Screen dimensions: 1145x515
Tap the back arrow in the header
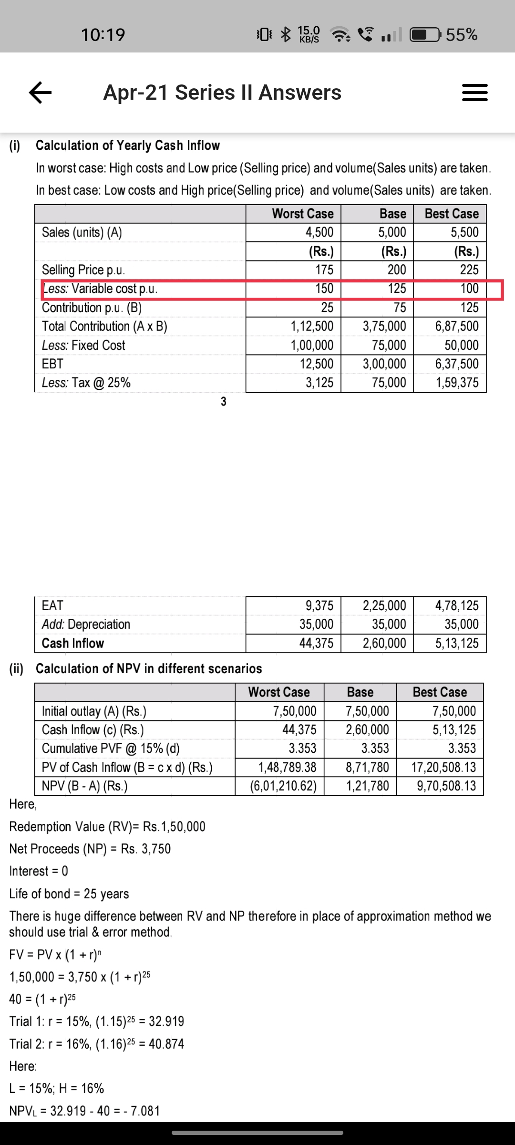pos(40,92)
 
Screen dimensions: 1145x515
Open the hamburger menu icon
pos(474,92)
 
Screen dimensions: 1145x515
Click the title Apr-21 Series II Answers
pos(222,93)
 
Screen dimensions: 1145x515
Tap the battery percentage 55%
pos(462,34)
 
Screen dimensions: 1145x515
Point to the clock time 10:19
pos(103,34)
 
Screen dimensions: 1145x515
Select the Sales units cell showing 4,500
pos(319,232)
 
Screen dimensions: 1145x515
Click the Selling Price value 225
pos(469,270)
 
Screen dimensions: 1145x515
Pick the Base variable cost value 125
pos(396,289)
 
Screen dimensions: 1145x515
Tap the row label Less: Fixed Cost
pos(83,345)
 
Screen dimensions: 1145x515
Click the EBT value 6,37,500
pos(456,364)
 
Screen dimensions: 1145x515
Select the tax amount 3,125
pos(319,383)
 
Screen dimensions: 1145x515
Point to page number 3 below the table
pos(223,402)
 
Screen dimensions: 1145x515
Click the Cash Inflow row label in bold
pos(73,643)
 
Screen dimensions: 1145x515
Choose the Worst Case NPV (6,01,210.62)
pos(283,786)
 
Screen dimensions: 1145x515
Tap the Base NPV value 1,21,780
pos(367,786)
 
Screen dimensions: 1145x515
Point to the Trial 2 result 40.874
pos(166,1044)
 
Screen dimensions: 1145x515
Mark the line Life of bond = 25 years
pos(69,894)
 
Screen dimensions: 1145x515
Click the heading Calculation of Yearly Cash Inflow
pos(128,145)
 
